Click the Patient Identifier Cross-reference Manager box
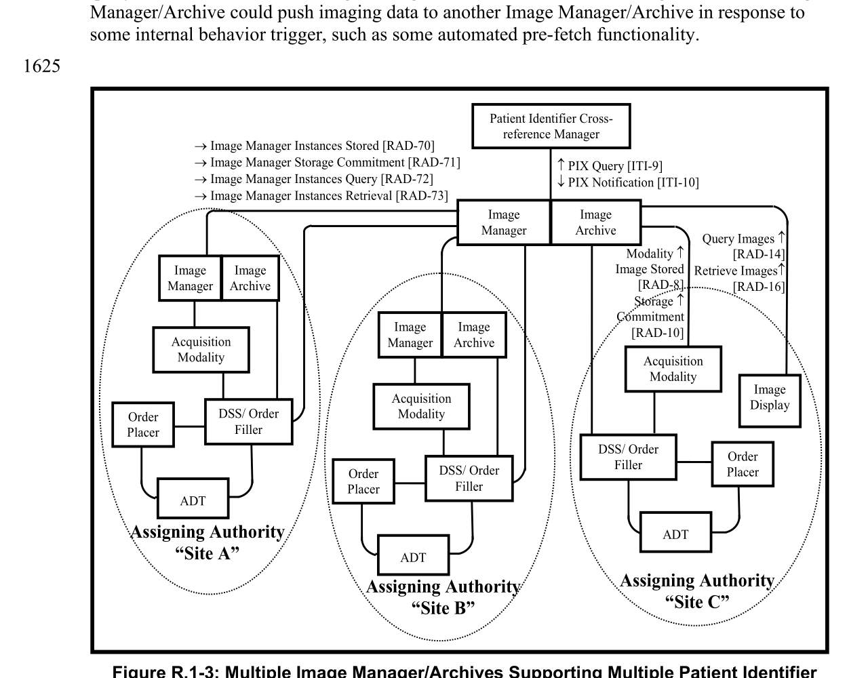pyautogui.click(x=551, y=126)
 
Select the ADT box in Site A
pyautogui.click(x=193, y=501)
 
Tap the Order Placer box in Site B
pyautogui.click(x=363, y=481)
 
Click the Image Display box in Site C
pyautogui.click(x=770, y=397)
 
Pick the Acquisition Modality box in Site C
pyautogui.click(x=673, y=369)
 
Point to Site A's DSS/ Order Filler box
pyautogui.click(x=248, y=422)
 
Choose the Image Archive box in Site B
pyautogui.click(x=473, y=335)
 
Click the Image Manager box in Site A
pyautogui.click(x=190, y=278)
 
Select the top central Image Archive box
pyautogui.click(x=595, y=222)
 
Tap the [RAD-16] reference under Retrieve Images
pyautogui.click(x=758, y=287)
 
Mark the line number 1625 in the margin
pyautogui.click(x=42, y=66)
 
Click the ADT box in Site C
pyautogui.click(x=675, y=534)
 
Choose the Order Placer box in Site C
pyautogui.click(x=743, y=464)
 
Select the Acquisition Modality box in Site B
pyautogui.click(x=421, y=406)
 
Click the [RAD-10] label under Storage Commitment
pyautogui.click(x=657, y=332)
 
